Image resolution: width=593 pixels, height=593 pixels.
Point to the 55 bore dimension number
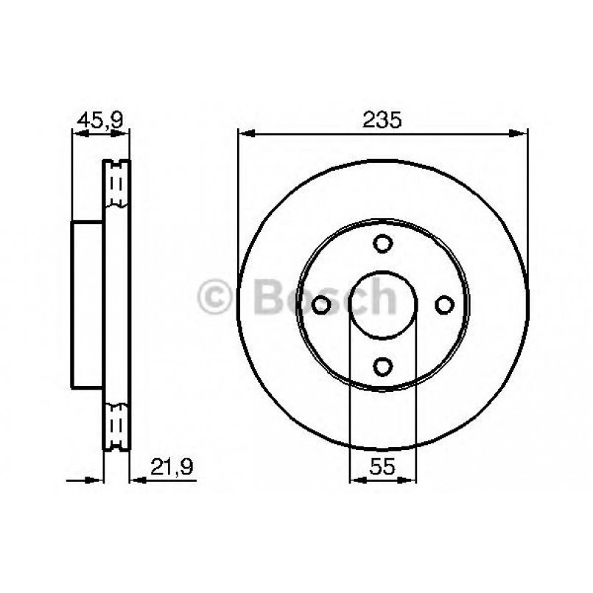point(382,465)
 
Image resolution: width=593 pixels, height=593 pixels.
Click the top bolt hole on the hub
point(382,243)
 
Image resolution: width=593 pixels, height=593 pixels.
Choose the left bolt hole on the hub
point(322,303)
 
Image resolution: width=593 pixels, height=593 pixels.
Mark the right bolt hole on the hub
point(443,303)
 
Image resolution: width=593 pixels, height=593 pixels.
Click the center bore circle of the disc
point(382,303)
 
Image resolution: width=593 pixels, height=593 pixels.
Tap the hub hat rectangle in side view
point(87,303)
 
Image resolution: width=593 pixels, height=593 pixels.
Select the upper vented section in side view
point(116,184)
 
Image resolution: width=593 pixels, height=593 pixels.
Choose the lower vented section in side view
point(116,426)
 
